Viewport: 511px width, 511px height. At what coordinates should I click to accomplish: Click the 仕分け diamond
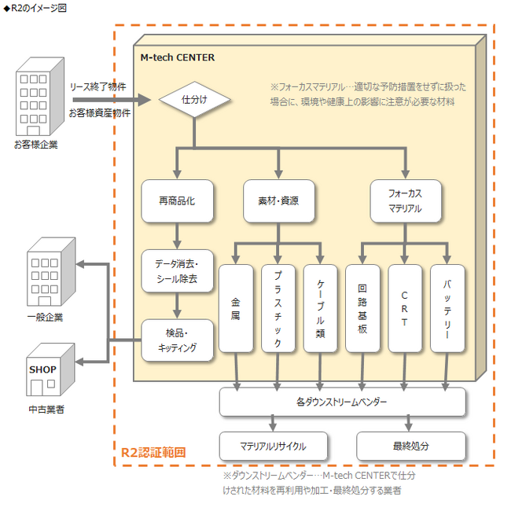pyautogui.click(x=194, y=99)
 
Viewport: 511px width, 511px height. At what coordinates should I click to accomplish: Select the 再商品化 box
pyautogui.click(x=178, y=200)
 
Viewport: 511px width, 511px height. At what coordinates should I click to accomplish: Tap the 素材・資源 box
pyautogui.click(x=278, y=200)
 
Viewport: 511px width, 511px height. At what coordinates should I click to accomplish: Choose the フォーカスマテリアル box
pyautogui.click(x=406, y=200)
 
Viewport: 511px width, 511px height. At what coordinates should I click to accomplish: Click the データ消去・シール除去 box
pyautogui.click(x=178, y=270)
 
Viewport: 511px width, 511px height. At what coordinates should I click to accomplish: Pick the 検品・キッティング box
pyautogui.click(x=178, y=340)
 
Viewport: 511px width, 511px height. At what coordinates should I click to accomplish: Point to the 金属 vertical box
pyautogui.click(x=236, y=308)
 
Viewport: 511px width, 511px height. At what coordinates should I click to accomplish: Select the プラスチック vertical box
pyautogui.click(x=278, y=308)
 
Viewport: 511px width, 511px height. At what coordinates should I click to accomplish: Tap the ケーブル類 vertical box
pyautogui.click(x=320, y=308)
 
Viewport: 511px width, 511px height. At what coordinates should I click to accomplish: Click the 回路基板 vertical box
pyautogui.click(x=362, y=308)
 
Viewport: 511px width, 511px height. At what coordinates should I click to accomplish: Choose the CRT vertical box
pyautogui.click(x=405, y=308)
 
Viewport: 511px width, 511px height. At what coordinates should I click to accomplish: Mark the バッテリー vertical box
pyautogui.click(x=447, y=308)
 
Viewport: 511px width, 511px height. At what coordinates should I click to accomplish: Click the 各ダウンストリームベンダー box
pyautogui.click(x=343, y=402)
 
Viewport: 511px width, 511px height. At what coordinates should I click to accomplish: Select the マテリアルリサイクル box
pyautogui.click(x=273, y=446)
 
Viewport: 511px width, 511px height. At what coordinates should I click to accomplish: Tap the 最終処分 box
pyautogui.click(x=411, y=446)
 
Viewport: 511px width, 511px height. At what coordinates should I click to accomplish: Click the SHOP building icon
pyautogui.click(x=50, y=369)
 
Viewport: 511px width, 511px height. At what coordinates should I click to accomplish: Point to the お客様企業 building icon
pyautogui.click(x=40, y=97)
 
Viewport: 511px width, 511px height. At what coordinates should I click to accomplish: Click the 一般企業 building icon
pyautogui.click(x=51, y=271)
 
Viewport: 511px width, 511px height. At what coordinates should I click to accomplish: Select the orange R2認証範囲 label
pyautogui.click(x=153, y=452)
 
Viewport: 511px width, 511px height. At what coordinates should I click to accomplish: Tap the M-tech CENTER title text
pyautogui.click(x=178, y=57)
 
